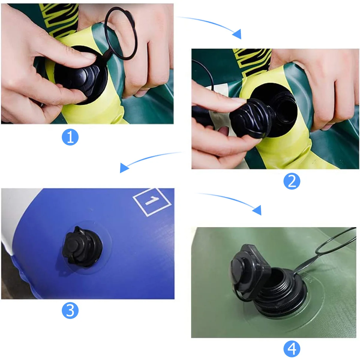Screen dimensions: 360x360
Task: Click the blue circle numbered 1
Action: click(70, 137)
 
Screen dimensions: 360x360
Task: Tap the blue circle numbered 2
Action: click(292, 181)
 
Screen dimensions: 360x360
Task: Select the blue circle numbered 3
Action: click(70, 310)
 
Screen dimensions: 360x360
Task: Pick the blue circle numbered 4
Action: click(292, 349)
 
